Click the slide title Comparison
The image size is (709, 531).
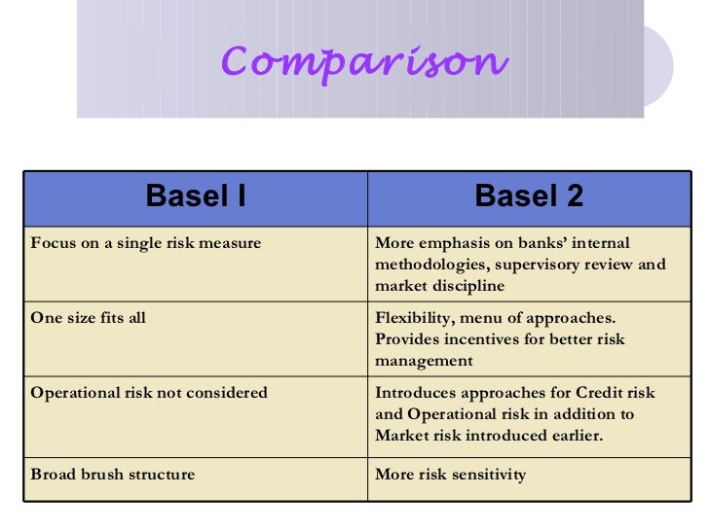364,62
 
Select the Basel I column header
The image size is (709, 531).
196,196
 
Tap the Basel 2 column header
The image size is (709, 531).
529,196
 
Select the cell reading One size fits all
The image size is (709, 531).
89,318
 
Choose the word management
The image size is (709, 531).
424,361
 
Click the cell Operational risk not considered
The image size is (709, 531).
149,393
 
